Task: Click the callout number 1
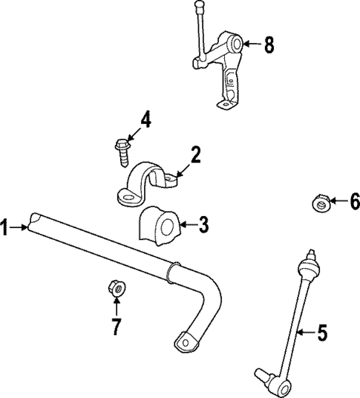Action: click(6, 227)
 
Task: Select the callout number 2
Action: click(195, 155)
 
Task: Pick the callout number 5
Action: click(321, 333)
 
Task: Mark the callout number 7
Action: click(116, 325)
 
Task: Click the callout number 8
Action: click(268, 45)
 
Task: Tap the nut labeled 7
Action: click(116, 286)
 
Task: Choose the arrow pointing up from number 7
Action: click(116, 304)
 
